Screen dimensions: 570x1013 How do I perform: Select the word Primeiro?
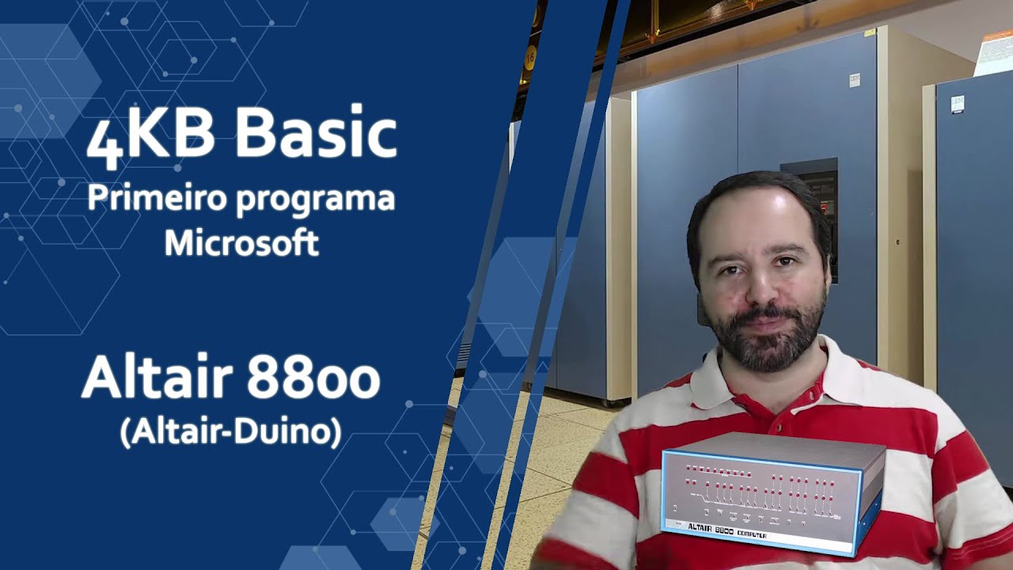click(x=154, y=198)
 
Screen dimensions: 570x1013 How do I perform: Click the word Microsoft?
click(x=241, y=243)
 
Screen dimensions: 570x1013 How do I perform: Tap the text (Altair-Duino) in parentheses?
click(x=230, y=432)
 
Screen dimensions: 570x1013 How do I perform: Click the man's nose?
click(x=762, y=290)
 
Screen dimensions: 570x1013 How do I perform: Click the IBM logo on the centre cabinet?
click(x=854, y=79)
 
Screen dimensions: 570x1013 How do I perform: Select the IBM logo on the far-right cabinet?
click(x=958, y=102)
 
